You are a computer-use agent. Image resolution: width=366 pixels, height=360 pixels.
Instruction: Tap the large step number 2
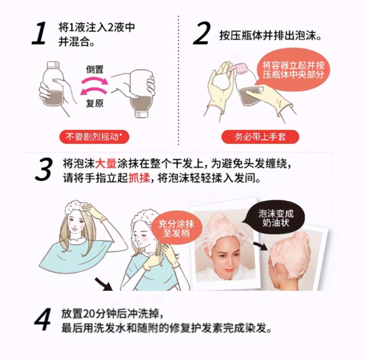202,34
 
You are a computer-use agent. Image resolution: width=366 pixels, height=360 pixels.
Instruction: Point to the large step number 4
43,320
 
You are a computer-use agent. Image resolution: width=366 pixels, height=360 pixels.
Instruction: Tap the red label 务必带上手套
260,137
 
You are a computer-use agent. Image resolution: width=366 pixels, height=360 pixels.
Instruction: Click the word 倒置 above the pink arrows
95,70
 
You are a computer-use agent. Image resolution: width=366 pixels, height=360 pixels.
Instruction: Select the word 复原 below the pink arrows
95,103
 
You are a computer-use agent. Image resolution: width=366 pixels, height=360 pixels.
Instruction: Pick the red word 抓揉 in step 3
139,178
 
